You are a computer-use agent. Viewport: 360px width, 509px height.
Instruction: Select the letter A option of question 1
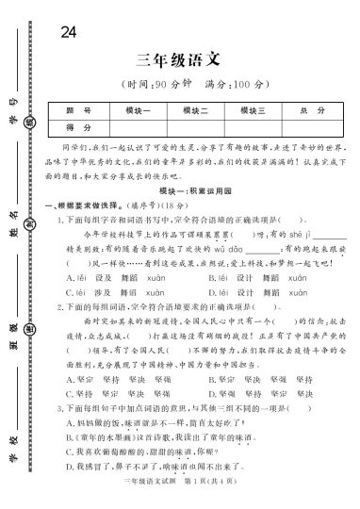click(70, 279)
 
